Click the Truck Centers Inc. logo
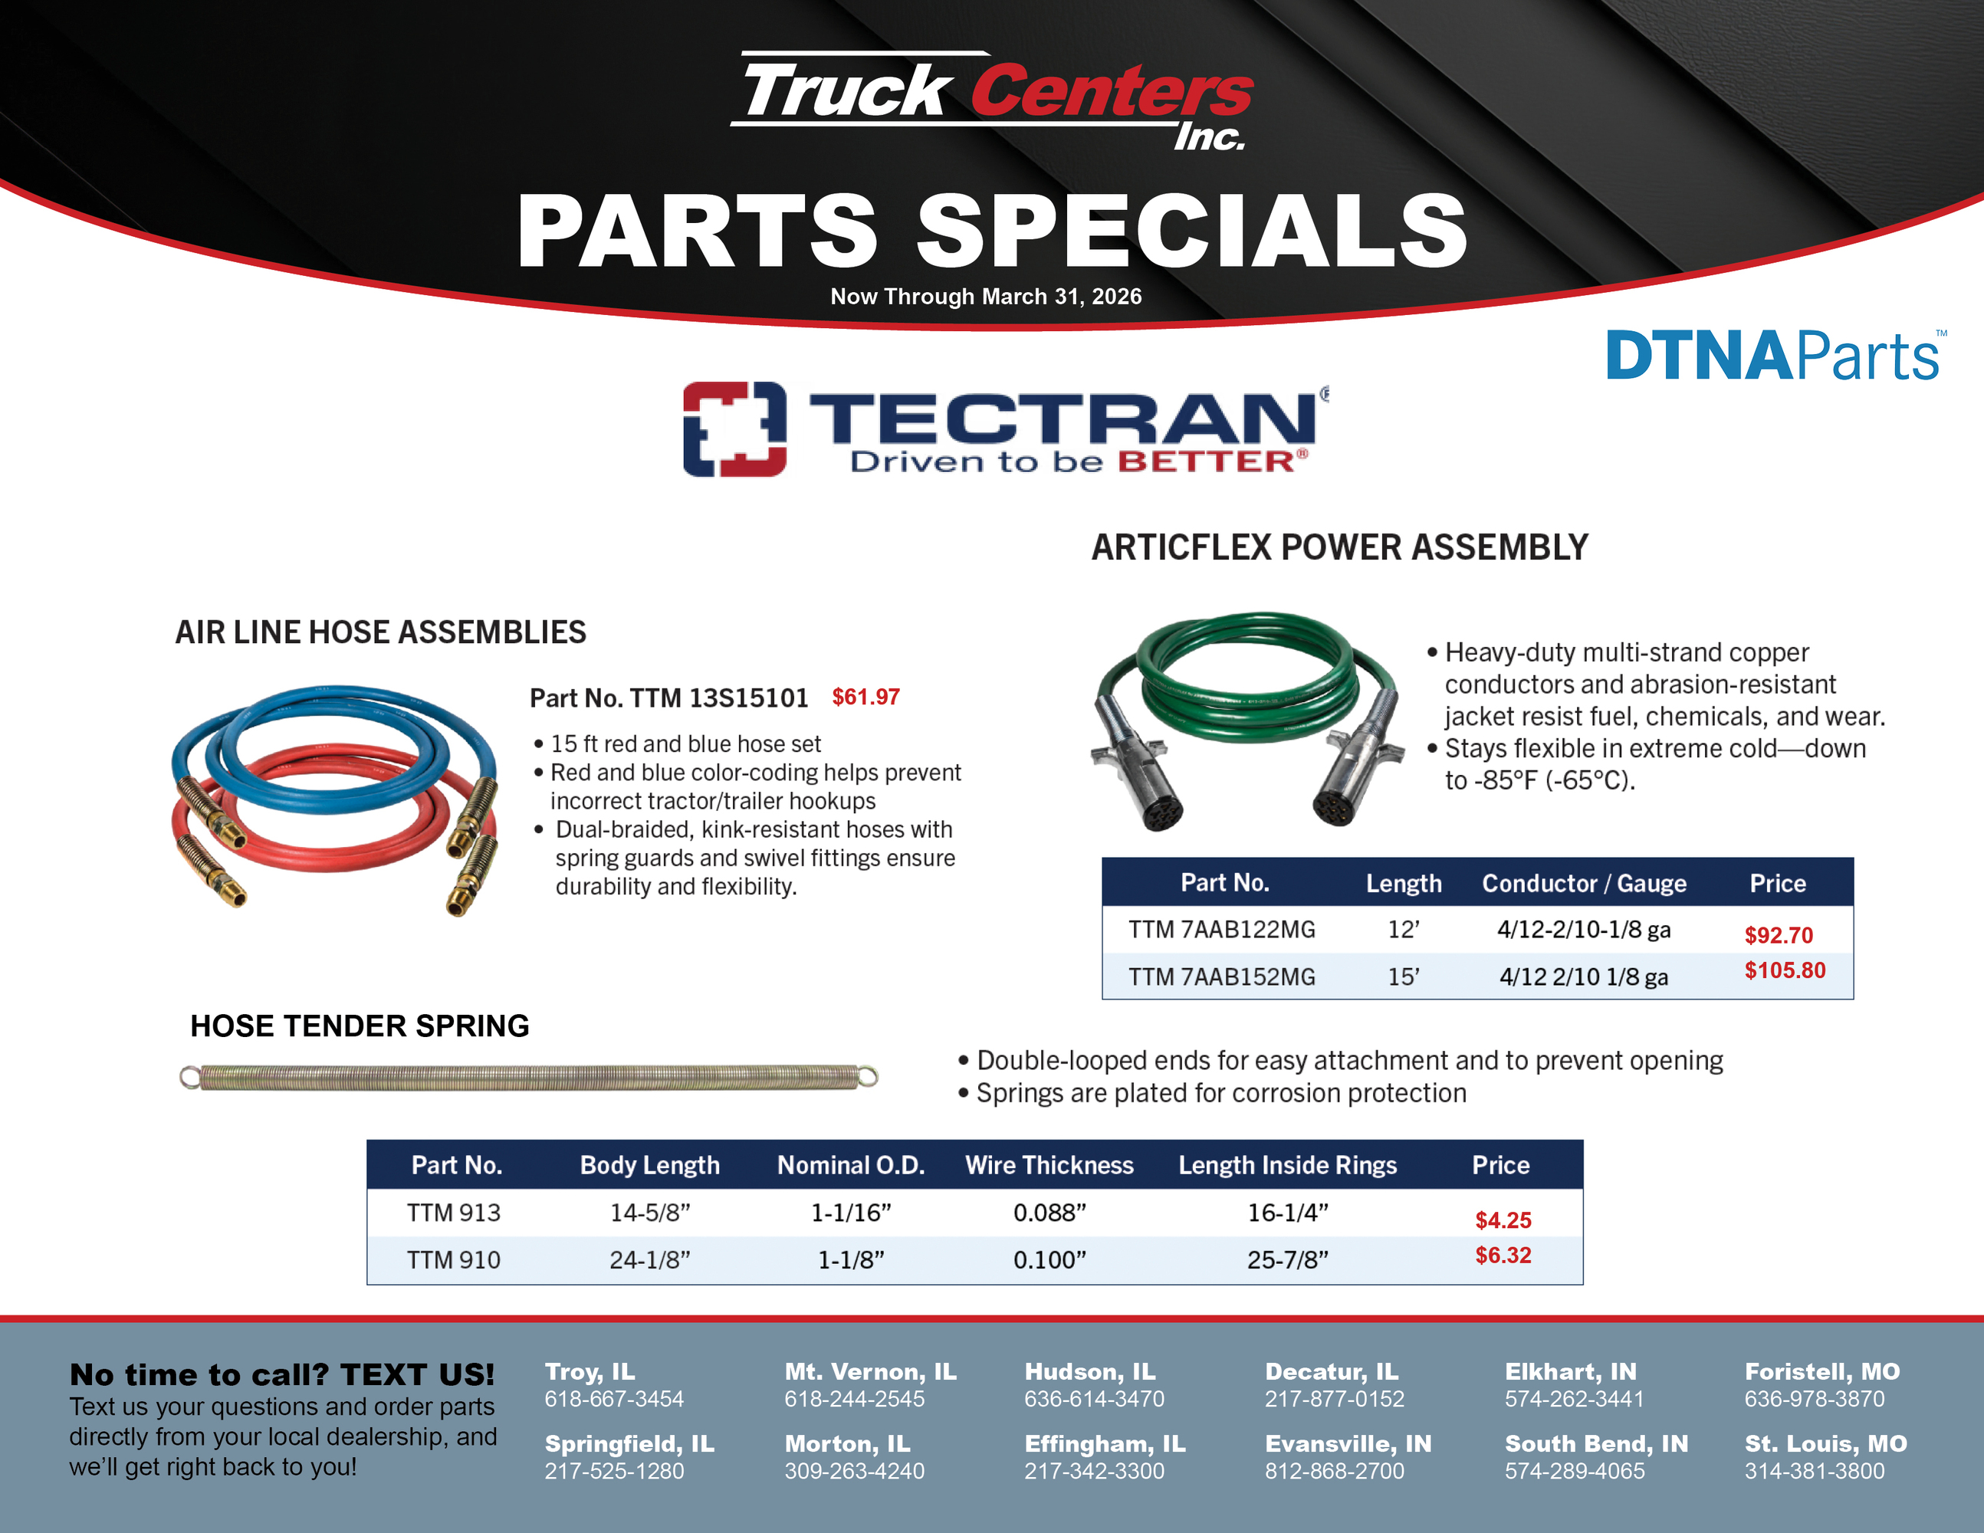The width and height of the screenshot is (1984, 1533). [x=992, y=100]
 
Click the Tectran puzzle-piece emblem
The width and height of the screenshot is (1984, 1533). [x=734, y=428]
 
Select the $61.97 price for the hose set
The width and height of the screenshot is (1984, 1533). [x=866, y=697]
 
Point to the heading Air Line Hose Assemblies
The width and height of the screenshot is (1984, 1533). [x=381, y=632]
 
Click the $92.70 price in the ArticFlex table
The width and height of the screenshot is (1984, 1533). [x=1778, y=935]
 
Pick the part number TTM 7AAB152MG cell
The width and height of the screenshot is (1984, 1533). [x=1221, y=977]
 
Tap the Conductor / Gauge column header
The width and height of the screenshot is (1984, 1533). [x=1583, y=883]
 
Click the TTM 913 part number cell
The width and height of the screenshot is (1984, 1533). [x=453, y=1213]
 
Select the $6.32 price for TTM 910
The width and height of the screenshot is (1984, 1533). [x=1503, y=1255]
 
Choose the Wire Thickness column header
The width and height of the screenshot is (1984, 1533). [x=1049, y=1165]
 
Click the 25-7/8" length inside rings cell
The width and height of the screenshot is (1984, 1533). [x=1287, y=1259]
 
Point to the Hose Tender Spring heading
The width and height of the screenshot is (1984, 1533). [x=360, y=1026]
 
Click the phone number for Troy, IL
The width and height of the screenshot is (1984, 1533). [x=614, y=1399]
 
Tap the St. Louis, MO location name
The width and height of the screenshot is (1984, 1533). [x=1825, y=1443]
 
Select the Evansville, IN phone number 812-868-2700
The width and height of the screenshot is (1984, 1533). [x=1334, y=1470]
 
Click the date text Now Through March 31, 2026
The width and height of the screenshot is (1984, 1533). [x=986, y=296]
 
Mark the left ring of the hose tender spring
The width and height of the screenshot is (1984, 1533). [x=189, y=1077]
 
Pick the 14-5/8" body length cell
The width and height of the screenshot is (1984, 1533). [x=649, y=1213]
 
